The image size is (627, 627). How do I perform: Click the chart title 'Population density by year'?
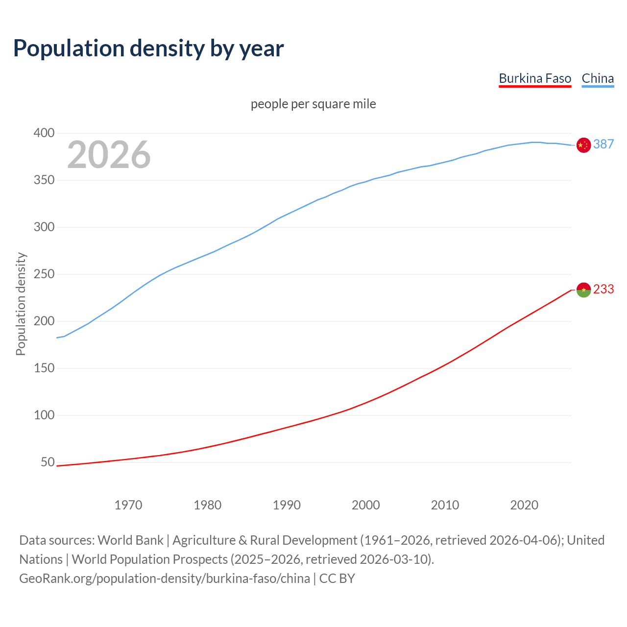[x=148, y=48]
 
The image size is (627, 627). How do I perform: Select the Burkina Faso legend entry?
[x=535, y=78]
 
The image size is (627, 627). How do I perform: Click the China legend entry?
[x=598, y=78]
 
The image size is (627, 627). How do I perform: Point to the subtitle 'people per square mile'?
[x=313, y=104]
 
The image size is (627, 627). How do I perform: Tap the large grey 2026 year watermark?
[x=109, y=155]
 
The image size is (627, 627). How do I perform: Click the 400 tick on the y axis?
[x=44, y=133]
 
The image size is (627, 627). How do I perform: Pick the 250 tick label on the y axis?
[x=44, y=274]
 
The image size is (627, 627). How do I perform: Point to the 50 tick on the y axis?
[x=48, y=462]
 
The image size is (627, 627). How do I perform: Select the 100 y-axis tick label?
[x=44, y=415]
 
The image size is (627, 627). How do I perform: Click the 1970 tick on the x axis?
[x=128, y=505]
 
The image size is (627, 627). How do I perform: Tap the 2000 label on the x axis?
[x=365, y=505]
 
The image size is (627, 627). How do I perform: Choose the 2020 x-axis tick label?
[x=524, y=505]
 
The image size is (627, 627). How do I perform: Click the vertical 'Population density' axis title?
[x=21, y=304]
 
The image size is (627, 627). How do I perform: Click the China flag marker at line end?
[x=583, y=145]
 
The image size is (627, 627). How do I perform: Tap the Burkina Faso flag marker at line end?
[x=583, y=290]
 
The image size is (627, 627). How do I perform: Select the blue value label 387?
[x=603, y=144]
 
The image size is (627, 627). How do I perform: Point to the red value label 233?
[x=603, y=289]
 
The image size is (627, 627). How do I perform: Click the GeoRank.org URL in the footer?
[x=165, y=579]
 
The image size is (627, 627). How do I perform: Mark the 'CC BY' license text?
[x=337, y=579]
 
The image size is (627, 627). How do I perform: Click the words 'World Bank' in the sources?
[x=130, y=540]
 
